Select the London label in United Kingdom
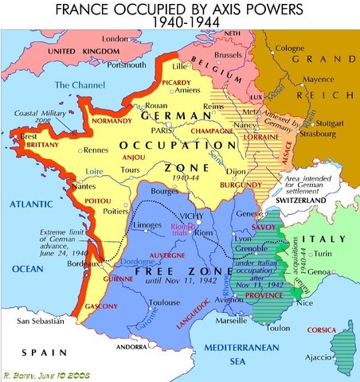115,38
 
